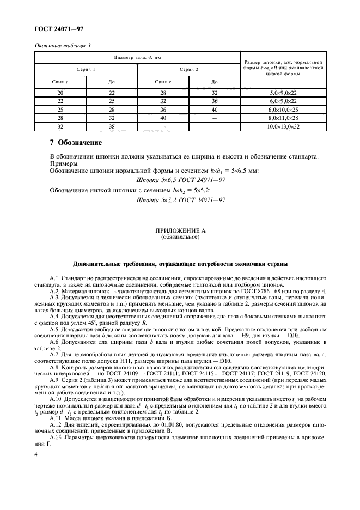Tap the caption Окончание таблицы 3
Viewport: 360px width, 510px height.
(62, 45)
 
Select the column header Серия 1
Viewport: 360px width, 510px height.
(86, 69)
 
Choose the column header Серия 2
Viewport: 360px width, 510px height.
(189, 69)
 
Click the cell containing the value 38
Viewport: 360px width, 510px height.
(111, 126)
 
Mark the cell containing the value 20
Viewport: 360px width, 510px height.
(60, 93)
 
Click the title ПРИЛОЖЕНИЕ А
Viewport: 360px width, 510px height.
(180, 231)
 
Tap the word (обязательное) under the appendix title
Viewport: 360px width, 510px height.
(180, 237)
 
